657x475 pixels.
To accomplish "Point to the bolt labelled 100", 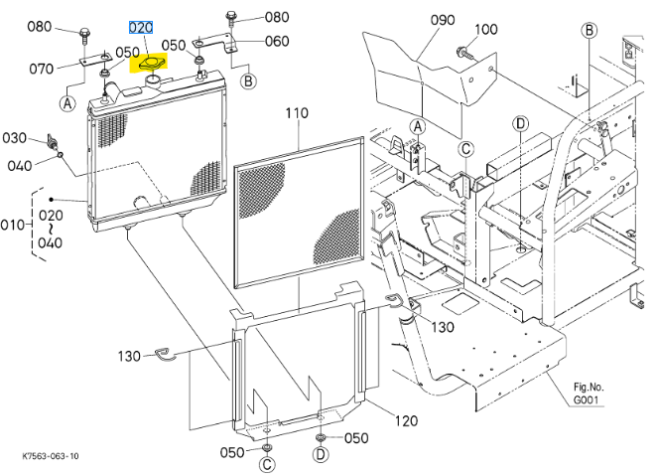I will [464, 51].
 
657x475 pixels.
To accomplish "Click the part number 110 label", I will [298, 113].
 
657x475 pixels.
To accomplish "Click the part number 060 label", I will [277, 41].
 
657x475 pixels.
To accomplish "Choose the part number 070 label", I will [41, 69].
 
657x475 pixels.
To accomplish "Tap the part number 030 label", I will [14, 137].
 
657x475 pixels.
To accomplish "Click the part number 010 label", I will [11, 225].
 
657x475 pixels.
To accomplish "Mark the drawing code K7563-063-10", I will [51, 457].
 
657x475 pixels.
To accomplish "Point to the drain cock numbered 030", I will [51, 141].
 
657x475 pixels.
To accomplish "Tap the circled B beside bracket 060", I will [246, 79].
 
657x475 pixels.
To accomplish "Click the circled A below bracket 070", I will [67, 101].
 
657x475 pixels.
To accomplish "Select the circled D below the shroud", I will [320, 454].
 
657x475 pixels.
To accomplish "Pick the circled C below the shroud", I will [268, 465].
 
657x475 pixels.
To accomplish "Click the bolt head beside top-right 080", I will [230, 17].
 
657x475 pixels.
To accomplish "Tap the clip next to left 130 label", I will [169, 354].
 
